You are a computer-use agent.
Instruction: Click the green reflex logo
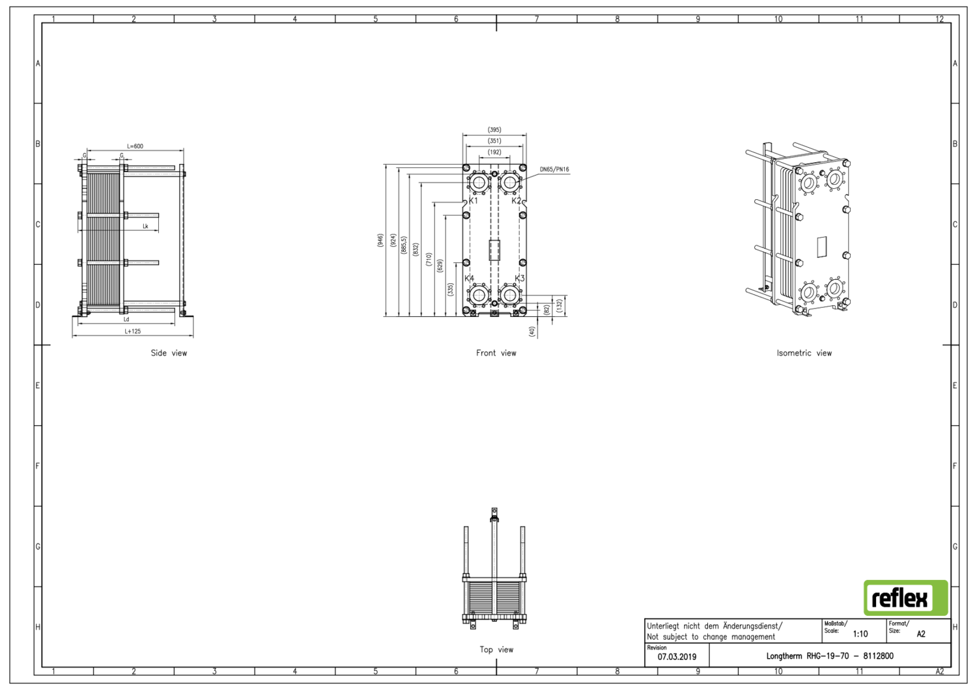click(905, 598)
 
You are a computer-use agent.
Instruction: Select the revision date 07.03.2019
click(677, 657)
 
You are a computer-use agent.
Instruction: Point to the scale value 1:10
click(860, 633)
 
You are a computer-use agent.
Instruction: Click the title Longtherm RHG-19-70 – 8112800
click(829, 656)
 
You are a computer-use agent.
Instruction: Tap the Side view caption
click(169, 353)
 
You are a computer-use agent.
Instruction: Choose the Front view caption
click(496, 353)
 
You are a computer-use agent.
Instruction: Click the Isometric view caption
click(804, 353)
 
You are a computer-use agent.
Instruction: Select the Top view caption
click(496, 649)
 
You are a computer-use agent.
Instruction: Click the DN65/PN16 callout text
click(554, 169)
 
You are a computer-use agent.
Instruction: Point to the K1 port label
click(474, 200)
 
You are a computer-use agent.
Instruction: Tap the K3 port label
click(519, 278)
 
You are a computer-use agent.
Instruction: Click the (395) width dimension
click(494, 130)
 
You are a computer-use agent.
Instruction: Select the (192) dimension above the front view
click(494, 152)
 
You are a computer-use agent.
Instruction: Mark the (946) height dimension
click(380, 240)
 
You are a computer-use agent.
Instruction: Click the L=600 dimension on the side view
click(135, 146)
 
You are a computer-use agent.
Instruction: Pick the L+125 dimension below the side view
click(133, 331)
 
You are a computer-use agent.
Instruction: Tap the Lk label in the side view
click(145, 227)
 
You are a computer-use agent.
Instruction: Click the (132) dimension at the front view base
click(559, 305)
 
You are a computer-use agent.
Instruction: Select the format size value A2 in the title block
click(920, 633)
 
